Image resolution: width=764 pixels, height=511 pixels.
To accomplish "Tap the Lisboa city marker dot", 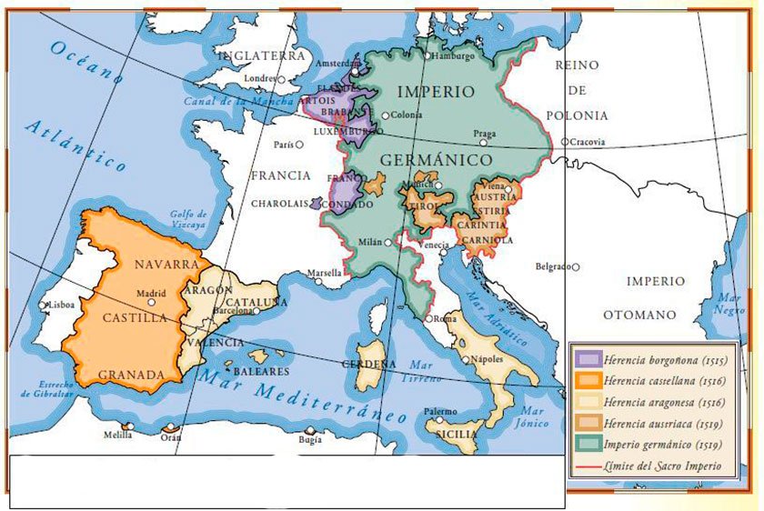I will point(43,306).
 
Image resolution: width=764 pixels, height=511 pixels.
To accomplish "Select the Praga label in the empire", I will point(485,133).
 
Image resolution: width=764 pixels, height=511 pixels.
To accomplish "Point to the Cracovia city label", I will point(588,142).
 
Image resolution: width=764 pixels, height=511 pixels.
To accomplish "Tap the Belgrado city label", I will point(554,266).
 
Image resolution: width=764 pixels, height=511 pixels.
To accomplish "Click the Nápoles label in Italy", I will point(488,359).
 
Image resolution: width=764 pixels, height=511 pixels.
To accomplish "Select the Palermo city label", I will point(440,411).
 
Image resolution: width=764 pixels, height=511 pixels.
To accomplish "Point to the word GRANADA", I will point(130,375).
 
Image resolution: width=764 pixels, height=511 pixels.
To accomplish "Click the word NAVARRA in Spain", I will point(166,264).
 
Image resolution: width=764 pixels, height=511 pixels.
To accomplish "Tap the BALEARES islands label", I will point(261,372).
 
